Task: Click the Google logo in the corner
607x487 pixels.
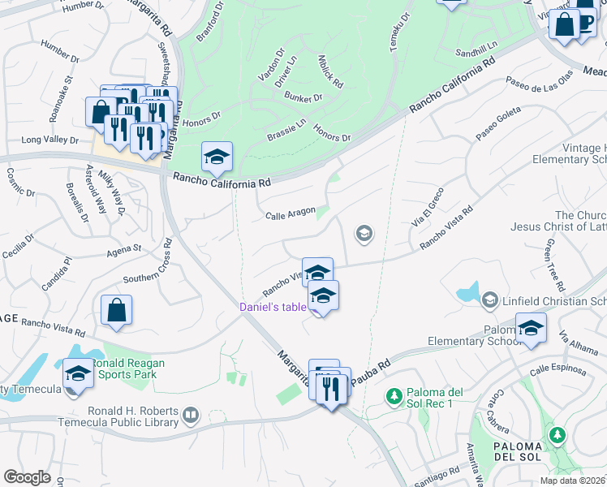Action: (x=27, y=477)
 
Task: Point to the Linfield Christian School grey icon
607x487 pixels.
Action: (x=489, y=301)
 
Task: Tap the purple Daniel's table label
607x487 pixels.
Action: (x=273, y=307)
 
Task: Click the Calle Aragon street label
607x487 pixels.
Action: (x=290, y=215)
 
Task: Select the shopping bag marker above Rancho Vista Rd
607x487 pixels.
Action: (x=117, y=310)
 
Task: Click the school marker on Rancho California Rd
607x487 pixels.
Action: (x=217, y=157)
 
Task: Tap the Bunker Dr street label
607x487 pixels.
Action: (x=303, y=97)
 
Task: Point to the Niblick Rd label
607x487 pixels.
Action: (x=331, y=72)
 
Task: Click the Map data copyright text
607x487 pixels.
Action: (x=573, y=481)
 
